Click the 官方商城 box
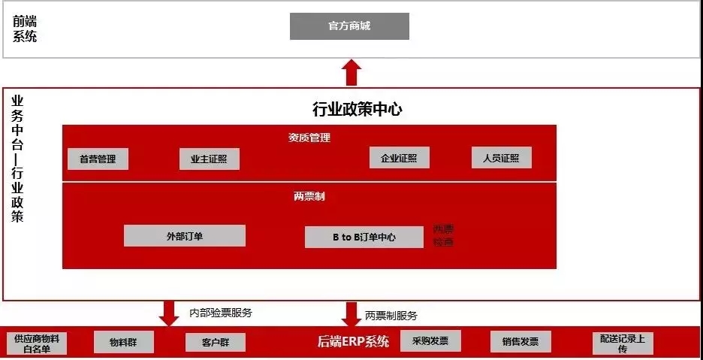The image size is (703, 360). (349, 26)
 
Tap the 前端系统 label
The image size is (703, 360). (24, 29)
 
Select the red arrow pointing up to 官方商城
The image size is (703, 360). (351, 73)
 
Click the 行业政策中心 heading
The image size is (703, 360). (357, 110)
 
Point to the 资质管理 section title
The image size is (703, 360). (309, 138)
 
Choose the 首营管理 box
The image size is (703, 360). (98, 159)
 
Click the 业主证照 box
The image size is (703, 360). (210, 159)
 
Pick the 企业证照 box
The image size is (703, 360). (399, 158)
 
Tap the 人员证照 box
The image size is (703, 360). (501, 158)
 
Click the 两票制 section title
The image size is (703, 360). (309, 196)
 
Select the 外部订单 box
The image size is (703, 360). (184, 236)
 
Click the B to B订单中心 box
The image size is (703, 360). (364, 237)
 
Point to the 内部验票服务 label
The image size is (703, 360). (221, 313)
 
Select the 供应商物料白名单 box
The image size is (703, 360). (36, 343)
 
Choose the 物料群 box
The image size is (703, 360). (124, 343)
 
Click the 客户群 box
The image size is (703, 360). (215, 343)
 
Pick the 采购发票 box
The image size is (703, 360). (430, 341)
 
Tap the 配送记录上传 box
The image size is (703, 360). (622, 343)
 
